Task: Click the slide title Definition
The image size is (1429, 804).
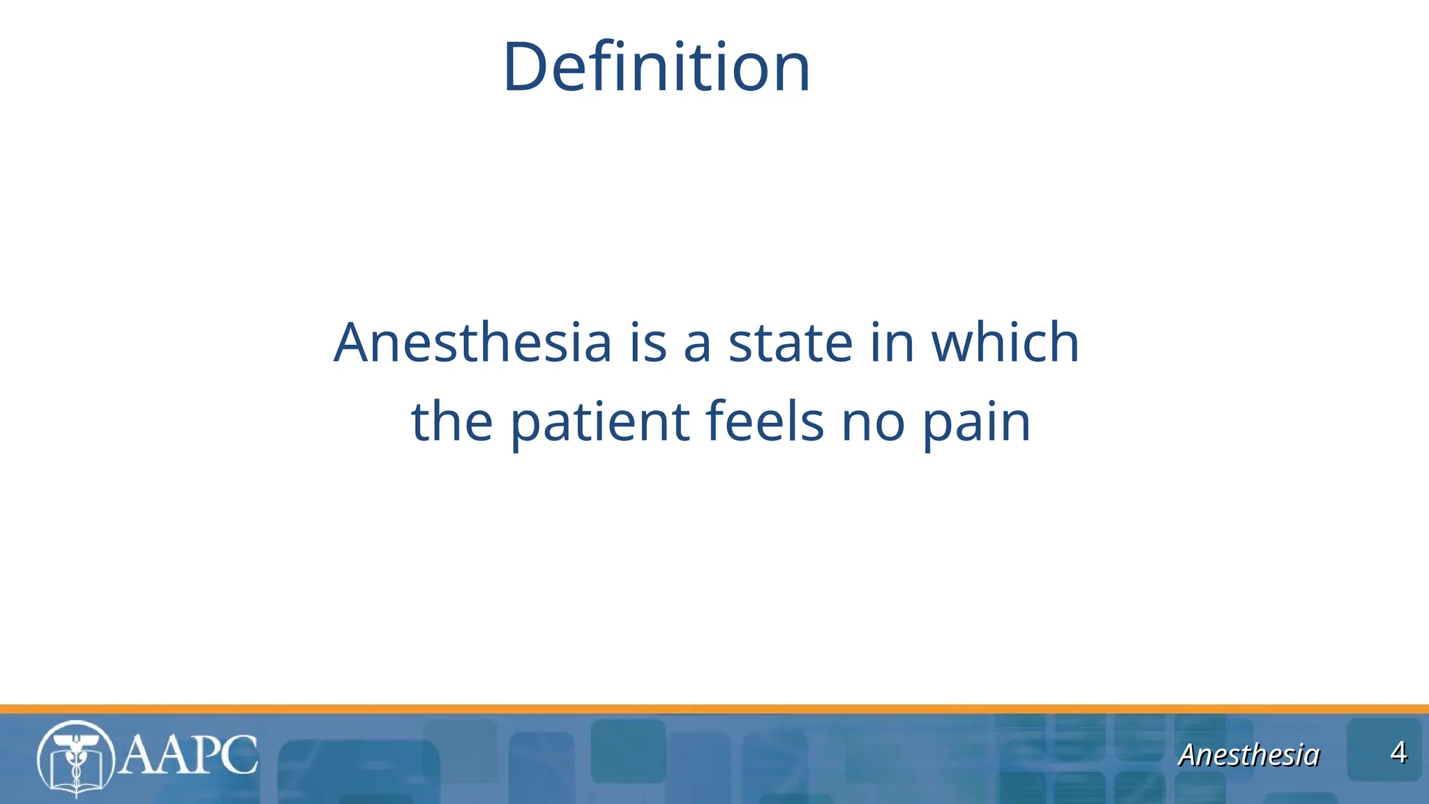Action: pos(656,68)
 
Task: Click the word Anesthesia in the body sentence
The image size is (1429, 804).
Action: pos(472,343)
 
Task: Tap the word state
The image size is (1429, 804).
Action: pos(790,343)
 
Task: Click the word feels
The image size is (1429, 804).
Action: pos(765,422)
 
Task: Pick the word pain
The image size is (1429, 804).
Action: pos(976,423)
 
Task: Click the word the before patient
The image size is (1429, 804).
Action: pos(452,422)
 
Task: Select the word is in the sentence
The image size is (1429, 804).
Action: pos(648,343)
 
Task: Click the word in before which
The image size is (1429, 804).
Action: pos(892,343)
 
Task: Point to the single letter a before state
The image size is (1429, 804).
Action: pos(697,344)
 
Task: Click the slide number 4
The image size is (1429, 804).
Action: pos(1398,753)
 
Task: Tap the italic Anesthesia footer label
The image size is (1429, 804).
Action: pos(1248,755)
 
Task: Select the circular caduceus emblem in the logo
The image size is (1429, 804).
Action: pos(75,759)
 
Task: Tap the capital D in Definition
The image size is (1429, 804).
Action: pos(525,68)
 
